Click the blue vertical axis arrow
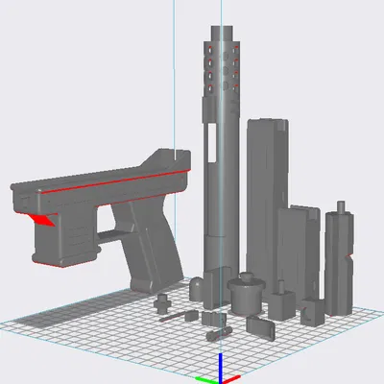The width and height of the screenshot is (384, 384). pos(221,363)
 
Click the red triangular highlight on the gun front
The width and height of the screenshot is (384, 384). pos(41,221)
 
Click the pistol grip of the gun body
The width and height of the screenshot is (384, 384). pos(154,254)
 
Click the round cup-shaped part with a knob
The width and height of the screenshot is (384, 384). pos(246,293)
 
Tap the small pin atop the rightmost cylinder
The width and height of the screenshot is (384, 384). pos(340,206)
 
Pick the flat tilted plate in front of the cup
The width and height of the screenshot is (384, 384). pos(260,326)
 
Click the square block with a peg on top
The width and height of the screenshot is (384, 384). pos(280,302)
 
